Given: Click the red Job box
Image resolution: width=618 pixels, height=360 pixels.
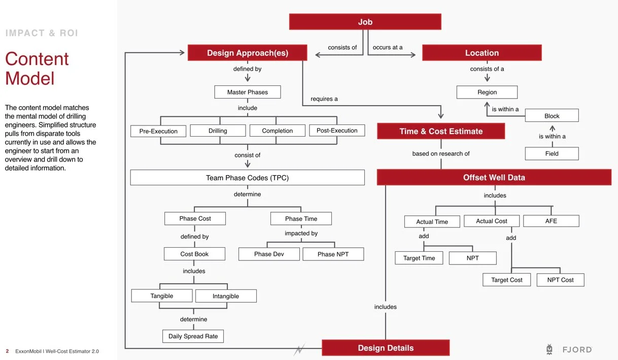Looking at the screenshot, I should point(365,22).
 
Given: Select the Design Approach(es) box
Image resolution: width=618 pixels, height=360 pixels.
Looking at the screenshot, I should point(247,53).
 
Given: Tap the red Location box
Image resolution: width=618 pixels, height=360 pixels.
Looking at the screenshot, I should point(482,53).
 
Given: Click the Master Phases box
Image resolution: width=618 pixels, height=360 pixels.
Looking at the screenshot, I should point(247,92).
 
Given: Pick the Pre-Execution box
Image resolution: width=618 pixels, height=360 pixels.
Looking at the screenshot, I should point(158,131).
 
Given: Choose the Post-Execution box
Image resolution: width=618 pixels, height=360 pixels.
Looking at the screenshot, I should point(337,130).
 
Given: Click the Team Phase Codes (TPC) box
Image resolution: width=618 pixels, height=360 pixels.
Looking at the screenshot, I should point(247,178).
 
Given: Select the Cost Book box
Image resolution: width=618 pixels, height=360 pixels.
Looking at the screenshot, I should point(194,254).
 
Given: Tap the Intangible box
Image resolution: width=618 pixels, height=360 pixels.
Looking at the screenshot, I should point(226,296).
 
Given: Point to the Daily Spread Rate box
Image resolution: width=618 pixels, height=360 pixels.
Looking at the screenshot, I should point(193,336).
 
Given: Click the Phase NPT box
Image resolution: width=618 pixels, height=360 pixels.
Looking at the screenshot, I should point(333,254).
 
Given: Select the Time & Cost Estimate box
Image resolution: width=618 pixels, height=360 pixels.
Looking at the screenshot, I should point(441,131).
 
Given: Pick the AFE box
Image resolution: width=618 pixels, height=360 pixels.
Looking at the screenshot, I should point(551,221).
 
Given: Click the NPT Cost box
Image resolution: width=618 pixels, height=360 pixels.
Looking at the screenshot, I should point(560,280).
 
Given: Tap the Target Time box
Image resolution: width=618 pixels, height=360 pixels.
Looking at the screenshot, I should point(419,258).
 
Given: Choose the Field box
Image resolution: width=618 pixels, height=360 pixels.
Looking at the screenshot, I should point(552,153).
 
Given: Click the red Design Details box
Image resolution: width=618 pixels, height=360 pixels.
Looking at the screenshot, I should point(386,348).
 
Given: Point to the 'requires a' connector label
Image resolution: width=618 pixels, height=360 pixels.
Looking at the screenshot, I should point(324,99).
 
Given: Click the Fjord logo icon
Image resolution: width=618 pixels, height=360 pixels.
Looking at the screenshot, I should point(550,349).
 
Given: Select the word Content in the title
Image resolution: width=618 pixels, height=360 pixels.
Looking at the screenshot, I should point(37,59).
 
